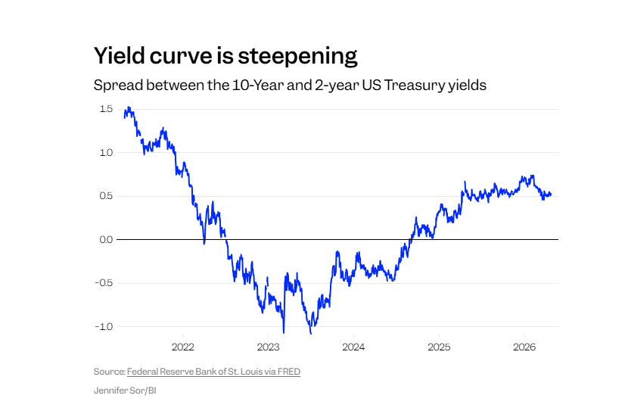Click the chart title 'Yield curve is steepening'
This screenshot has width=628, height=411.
pyautogui.click(x=225, y=56)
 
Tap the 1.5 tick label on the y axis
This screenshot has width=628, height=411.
pyautogui.click(x=105, y=109)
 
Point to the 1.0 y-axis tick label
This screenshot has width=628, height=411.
pyautogui.click(x=105, y=153)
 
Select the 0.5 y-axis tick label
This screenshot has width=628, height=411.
pyautogui.click(x=105, y=196)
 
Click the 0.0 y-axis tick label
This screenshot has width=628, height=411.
pyautogui.click(x=105, y=239)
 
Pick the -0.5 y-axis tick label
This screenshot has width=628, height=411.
pyautogui.click(x=104, y=283)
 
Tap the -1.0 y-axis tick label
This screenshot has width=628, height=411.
pyautogui.click(x=104, y=326)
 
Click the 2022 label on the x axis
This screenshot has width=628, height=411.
pyautogui.click(x=183, y=347)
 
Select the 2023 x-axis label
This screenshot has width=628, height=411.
pyautogui.click(x=269, y=347)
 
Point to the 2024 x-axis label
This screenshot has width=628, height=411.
pyautogui.click(x=353, y=347)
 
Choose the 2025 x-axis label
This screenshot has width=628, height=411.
pyautogui.click(x=439, y=347)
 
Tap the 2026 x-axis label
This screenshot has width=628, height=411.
pyautogui.click(x=524, y=347)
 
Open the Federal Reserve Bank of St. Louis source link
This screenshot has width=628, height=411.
pyautogui.click(x=213, y=372)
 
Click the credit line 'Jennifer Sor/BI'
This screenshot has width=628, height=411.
pyautogui.click(x=125, y=391)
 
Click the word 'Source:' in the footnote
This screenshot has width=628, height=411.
pyautogui.click(x=109, y=372)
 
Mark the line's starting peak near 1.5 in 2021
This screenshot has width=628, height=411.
pyautogui.click(x=129, y=108)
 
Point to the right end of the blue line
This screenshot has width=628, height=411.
pyautogui.click(x=551, y=195)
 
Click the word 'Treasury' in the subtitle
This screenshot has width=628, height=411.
pyautogui.click(x=413, y=85)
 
